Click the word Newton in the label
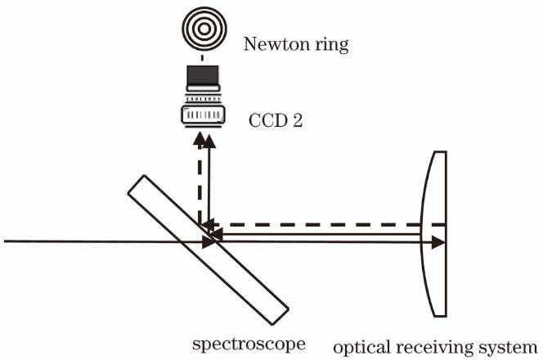point(272,44)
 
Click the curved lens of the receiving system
point(434,233)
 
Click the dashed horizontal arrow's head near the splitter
point(209,223)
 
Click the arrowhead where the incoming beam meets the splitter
point(207,241)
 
